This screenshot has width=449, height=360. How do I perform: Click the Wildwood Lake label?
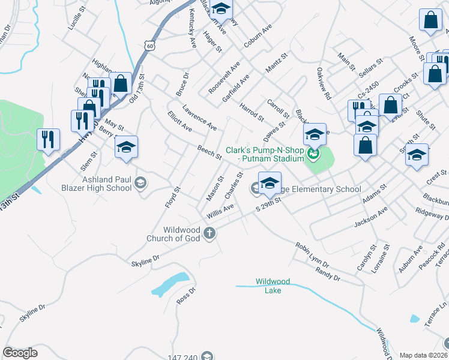[273, 286]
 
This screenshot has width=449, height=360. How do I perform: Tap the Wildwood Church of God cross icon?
[209, 233]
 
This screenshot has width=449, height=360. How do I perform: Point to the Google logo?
[20, 353]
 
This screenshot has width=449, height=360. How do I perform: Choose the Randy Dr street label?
[328, 274]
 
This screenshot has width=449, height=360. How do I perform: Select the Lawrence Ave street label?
[199, 118]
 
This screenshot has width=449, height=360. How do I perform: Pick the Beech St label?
[209, 152]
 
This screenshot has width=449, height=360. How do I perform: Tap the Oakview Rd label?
[324, 83]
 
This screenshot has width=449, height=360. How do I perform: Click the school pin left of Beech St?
[126, 146]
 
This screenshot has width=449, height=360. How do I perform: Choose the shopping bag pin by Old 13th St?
[121, 83]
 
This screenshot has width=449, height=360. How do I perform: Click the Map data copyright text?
[423, 355]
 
